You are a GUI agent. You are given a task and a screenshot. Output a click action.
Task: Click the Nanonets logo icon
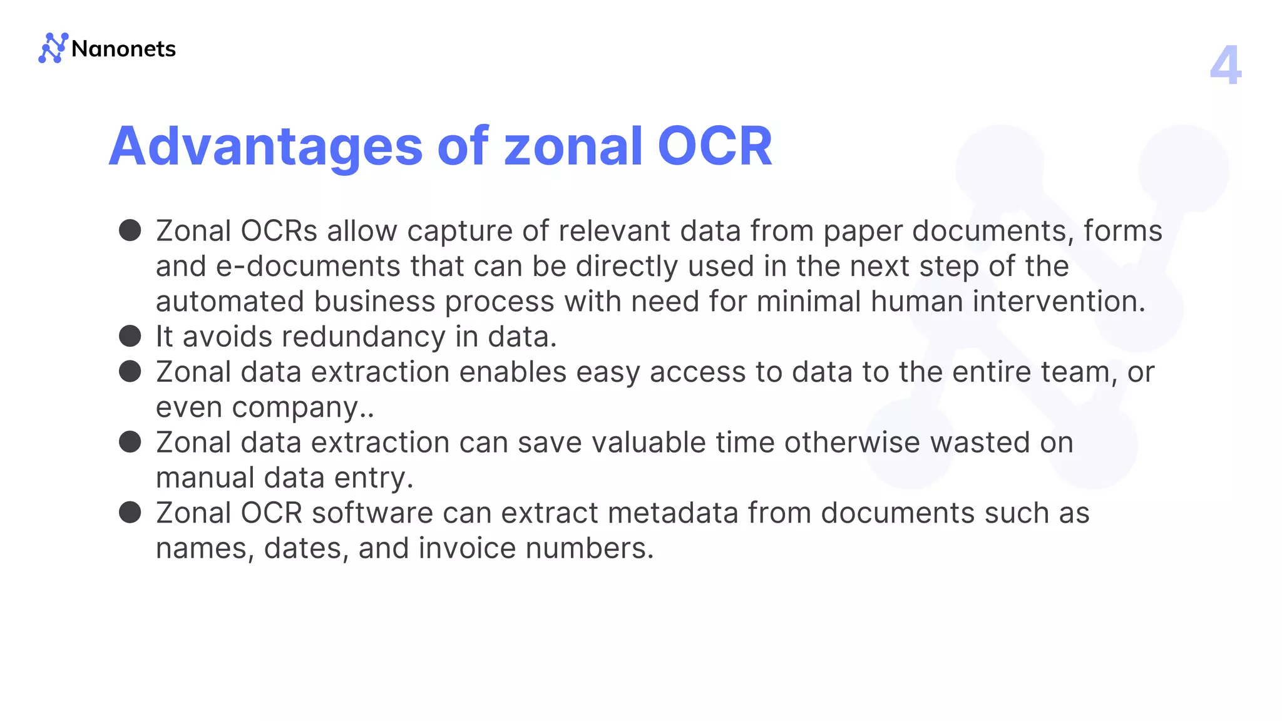point(53,48)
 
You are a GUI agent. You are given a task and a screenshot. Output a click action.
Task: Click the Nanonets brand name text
point(123,49)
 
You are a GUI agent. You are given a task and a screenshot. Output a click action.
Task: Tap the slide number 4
point(1225,65)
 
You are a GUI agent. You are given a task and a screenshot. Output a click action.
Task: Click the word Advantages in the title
point(266,146)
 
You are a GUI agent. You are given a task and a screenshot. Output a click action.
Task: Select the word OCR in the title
point(715,146)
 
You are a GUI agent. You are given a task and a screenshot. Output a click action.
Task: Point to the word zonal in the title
point(573,146)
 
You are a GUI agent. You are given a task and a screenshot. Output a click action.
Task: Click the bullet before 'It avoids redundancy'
point(130,336)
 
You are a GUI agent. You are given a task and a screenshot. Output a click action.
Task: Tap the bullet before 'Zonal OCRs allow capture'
point(130,230)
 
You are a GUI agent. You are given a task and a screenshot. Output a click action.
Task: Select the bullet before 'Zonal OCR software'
point(130,513)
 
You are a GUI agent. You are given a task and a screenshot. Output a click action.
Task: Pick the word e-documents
point(308,267)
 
